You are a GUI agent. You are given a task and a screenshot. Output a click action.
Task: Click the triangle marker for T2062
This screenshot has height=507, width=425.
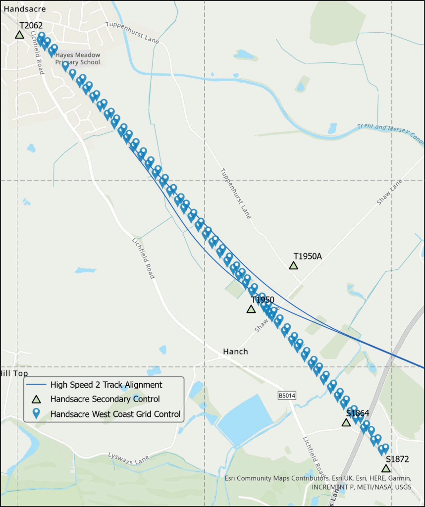point(19,35)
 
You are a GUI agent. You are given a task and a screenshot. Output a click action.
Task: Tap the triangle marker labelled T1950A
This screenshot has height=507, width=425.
point(293,265)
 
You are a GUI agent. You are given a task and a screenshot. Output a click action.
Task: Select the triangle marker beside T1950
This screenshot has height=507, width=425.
point(251,309)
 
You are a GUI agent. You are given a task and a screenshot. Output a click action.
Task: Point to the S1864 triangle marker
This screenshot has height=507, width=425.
point(346,422)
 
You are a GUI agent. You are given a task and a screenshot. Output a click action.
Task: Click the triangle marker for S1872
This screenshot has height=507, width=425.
point(386,468)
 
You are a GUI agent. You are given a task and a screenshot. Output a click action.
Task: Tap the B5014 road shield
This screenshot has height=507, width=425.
point(286,396)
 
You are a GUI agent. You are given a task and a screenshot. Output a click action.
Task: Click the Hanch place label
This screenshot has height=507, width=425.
point(235,352)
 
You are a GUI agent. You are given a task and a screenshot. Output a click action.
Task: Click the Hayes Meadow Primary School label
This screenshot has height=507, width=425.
point(78,58)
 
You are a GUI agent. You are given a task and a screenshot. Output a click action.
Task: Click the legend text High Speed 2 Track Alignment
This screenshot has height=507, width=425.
point(106,385)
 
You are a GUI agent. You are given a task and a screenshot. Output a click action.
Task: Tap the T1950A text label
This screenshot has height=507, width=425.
point(308,256)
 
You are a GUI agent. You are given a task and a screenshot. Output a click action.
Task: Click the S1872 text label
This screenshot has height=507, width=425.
point(397,459)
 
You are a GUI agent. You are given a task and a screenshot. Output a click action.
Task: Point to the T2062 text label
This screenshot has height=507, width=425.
point(31,25)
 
